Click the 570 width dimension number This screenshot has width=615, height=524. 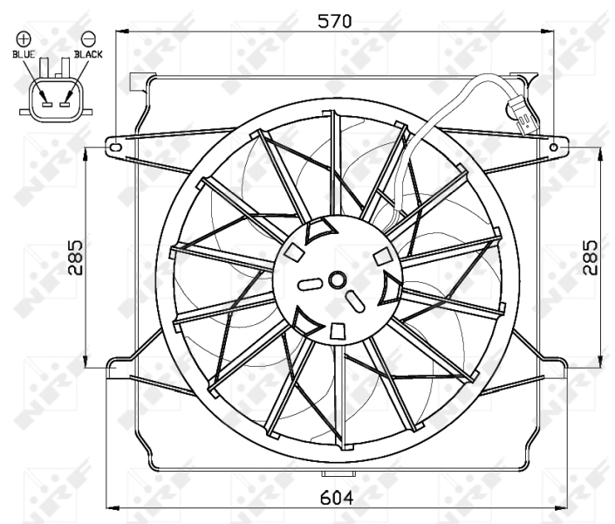pos(334,22)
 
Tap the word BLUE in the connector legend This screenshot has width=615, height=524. pos(24,54)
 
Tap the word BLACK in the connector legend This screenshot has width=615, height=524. pos(88,54)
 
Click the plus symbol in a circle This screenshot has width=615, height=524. pos(24,38)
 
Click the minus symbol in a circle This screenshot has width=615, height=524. pos(88,38)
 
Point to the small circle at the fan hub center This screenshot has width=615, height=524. pos(337,279)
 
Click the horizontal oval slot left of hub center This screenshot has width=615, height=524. pos(311,283)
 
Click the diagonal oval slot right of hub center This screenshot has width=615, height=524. pos(357,301)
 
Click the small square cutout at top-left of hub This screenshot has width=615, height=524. pos(294,252)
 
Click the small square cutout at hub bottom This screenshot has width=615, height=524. pos(336,329)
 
